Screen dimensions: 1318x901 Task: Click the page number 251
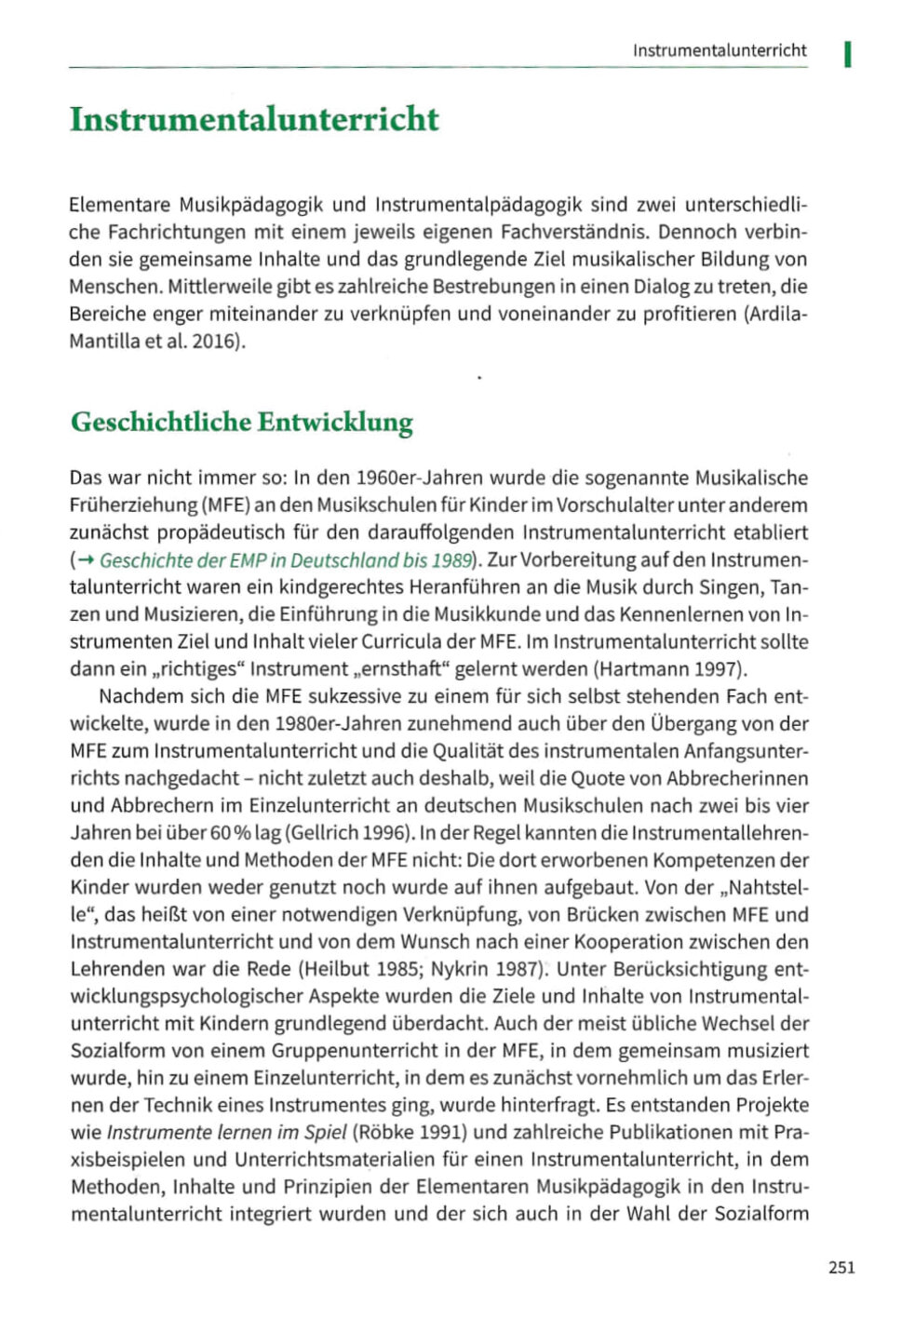tap(840, 1267)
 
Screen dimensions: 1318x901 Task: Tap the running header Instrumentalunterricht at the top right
tap(719, 50)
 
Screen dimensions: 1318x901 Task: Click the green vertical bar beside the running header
tap(848, 54)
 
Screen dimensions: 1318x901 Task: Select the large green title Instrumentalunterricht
tap(254, 119)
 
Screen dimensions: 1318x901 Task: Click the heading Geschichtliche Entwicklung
tap(242, 422)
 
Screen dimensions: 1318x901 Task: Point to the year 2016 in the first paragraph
tap(213, 341)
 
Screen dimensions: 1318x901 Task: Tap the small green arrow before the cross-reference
tap(86, 560)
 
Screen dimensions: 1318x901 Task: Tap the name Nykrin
tap(464, 969)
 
